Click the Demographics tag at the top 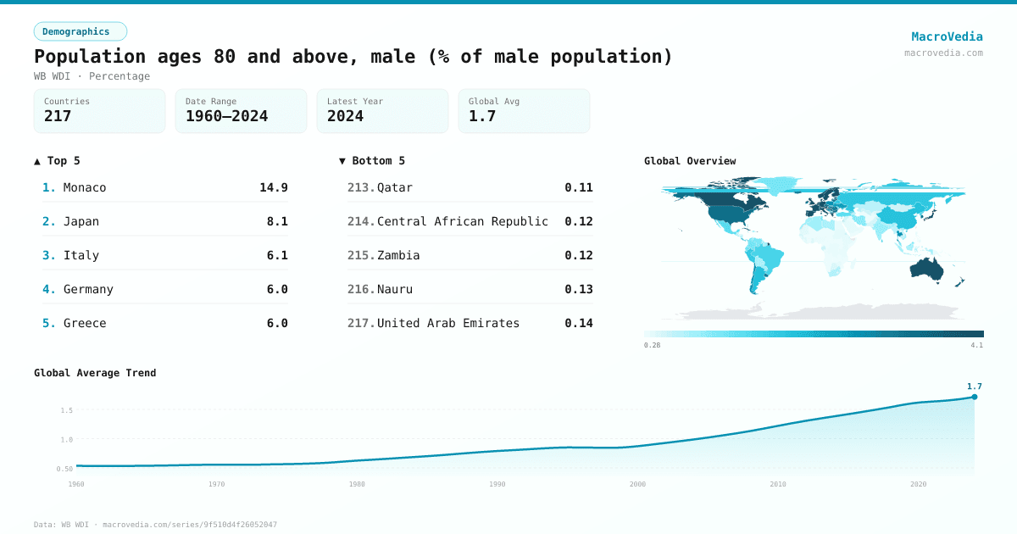(x=80, y=31)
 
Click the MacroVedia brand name (x=947, y=36)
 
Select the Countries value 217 (x=58, y=116)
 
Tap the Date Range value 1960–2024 (x=226, y=116)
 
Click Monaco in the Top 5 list (x=85, y=187)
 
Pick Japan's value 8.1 (x=277, y=221)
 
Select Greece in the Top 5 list (x=85, y=323)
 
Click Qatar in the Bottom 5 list (x=395, y=187)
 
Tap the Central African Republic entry (x=462, y=221)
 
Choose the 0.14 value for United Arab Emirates (x=579, y=323)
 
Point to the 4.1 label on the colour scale (x=976, y=345)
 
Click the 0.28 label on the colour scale (x=652, y=345)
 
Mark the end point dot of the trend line (x=975, y=397)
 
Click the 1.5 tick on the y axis (x=66, y=410)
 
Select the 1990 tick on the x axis (x=497, y=484)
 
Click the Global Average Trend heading (x=95, y=373)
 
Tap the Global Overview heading (x=690, y=161)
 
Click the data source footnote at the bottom (x=155, y=525)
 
